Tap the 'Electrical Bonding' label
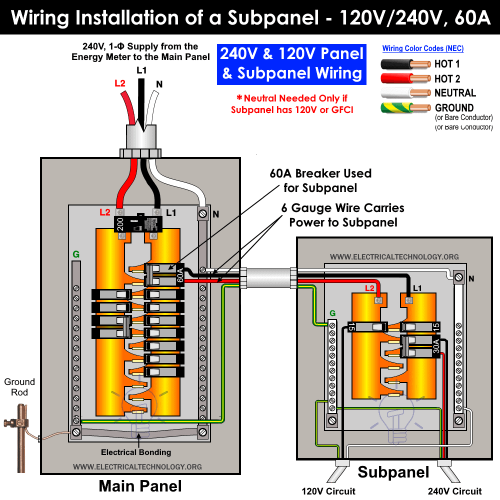[x=136, y=452]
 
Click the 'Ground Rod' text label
[x=19, y=387]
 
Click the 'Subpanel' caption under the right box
[x=393, y=472]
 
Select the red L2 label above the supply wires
[x=120, y=83]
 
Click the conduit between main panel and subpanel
[x=268, y=278]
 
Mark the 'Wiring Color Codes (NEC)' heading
[x=422, y=48]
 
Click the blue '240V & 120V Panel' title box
[x=292, y=63]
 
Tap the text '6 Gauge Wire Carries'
[x=342, y=207]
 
